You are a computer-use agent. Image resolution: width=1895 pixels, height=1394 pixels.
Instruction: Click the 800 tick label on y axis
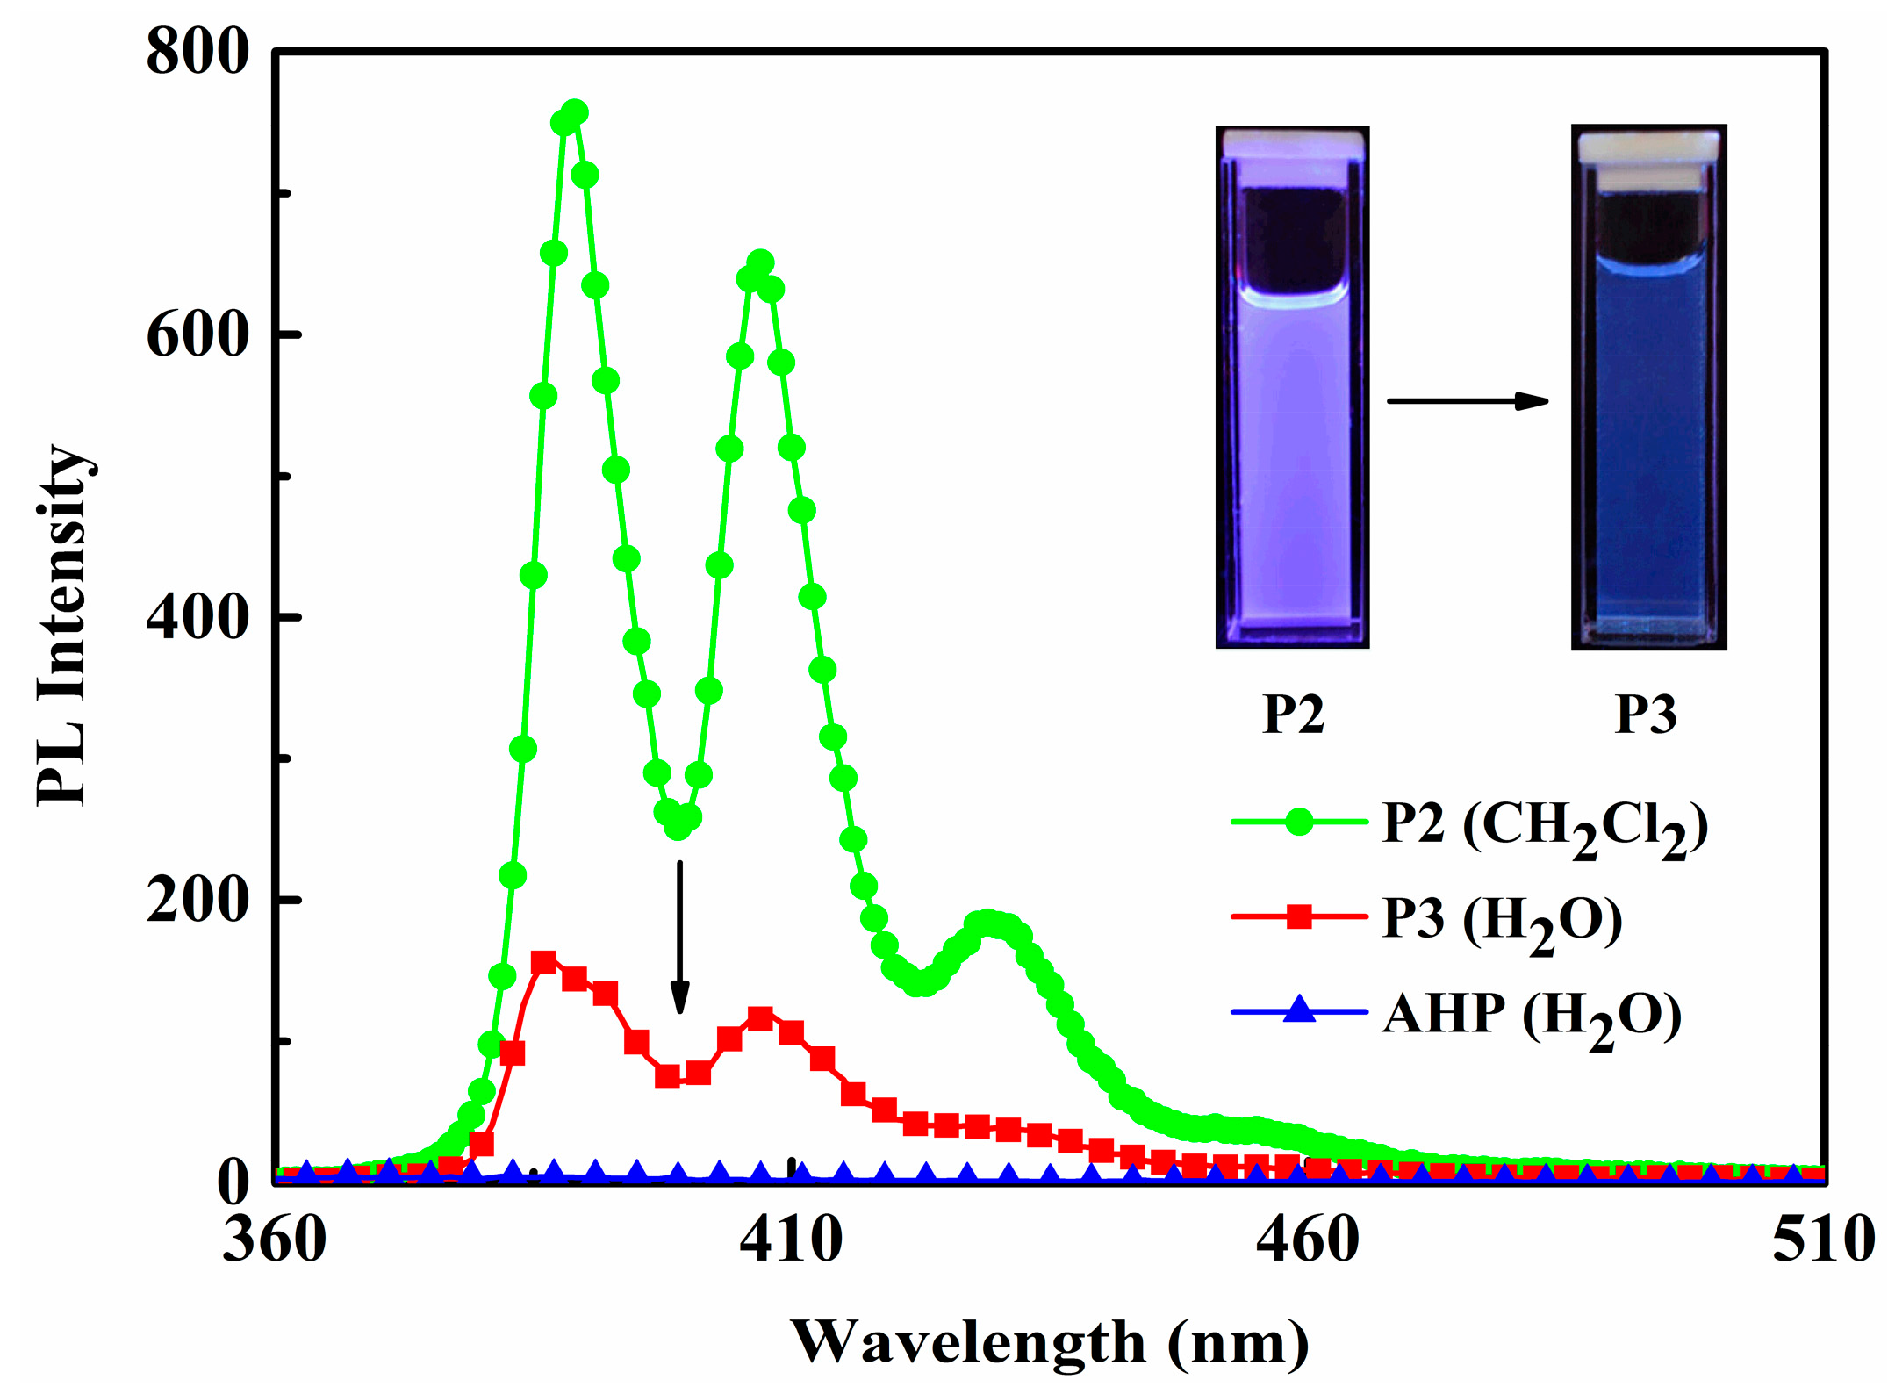click(x=197, y=51)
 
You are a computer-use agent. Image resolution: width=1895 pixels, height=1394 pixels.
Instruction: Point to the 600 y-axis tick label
click(x=197, y=334)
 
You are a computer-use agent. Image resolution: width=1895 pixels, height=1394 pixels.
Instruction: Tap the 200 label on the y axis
click(x=197, y=900)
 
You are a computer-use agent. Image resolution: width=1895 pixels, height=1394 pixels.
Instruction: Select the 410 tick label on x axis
click(x=791, y=1240)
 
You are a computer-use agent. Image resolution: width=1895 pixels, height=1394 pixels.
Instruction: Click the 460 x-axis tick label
click(x=1307, y=1240)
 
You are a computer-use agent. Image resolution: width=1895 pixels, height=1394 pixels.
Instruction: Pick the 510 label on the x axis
click(x=1822, y=1240)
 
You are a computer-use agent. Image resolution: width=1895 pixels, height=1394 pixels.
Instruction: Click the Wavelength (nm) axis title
click(x=1050, y=1342)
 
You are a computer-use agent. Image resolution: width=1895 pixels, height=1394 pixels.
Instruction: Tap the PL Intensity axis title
click(x=63, y=625)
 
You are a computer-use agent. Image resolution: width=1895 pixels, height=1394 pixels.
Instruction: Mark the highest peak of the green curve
click(x=575, y=113)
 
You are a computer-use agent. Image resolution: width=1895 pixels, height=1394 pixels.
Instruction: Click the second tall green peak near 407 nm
click(x=760, y=262)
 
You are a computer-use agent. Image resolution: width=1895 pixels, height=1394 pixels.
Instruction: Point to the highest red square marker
click(x=543, y=962)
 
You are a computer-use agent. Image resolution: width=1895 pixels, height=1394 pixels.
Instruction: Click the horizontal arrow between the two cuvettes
click(x=1468, y=401)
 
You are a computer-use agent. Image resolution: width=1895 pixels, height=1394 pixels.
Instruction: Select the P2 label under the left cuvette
click(x=1293, y=715)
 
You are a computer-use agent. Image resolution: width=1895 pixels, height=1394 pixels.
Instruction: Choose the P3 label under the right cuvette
click(x=1646, y=715)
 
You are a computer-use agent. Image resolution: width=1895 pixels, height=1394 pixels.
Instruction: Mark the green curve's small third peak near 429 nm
click(x=987, y=923)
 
